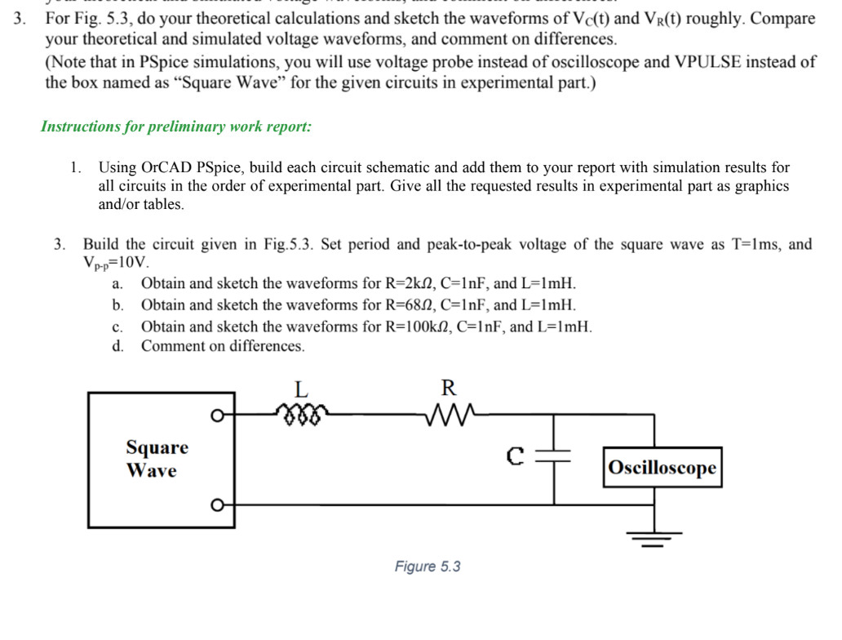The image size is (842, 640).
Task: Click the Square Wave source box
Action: [x=152, y=459]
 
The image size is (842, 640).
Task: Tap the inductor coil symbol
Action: [x=302, y=415]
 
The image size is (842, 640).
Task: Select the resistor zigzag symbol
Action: [x=448, y=415]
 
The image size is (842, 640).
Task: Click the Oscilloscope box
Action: [x=663, y=468]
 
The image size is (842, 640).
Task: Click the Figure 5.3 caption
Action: [x=428, y=567]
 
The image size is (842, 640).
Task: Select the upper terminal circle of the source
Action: [x=217, y=416]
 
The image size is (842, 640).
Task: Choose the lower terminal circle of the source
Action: [x=217, y=504]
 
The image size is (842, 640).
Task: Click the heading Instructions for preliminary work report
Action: [x=175, y=127]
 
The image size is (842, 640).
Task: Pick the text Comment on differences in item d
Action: [x=223, y=346]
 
